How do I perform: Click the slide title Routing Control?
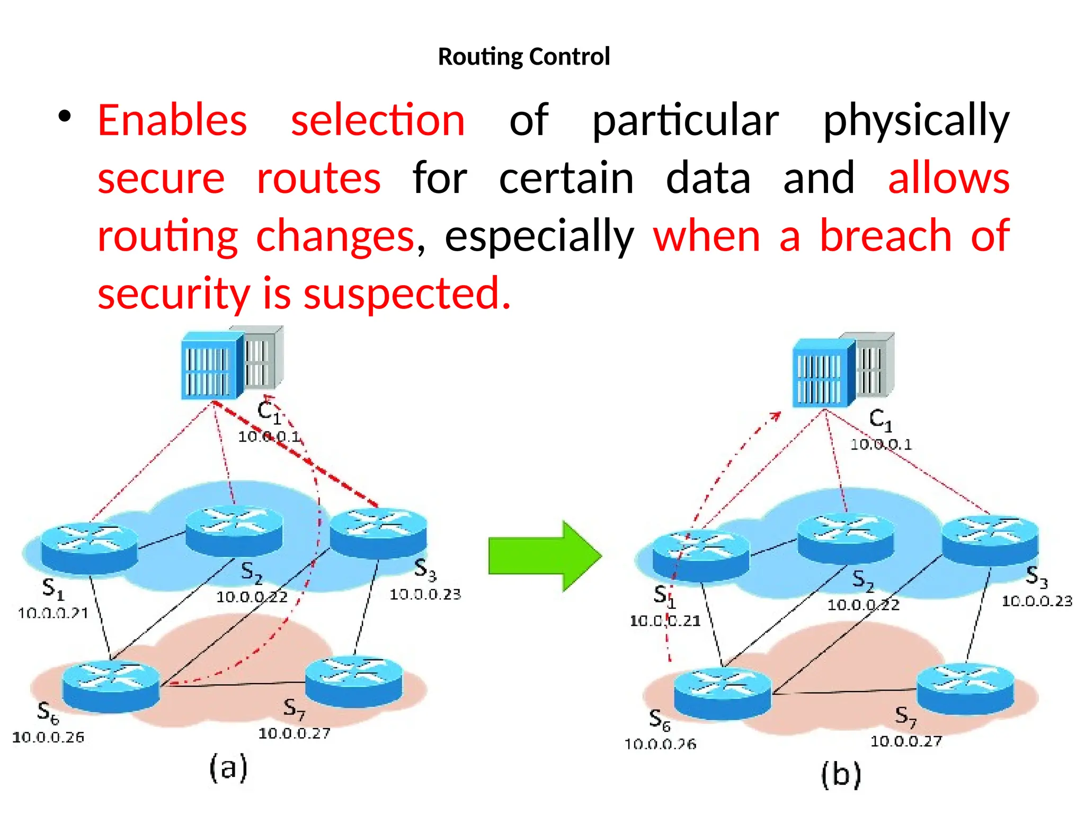coord(523,57)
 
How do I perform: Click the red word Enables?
coord(172,120)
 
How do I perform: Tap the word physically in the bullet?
coord(916,120)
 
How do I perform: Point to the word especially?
coord(539,236)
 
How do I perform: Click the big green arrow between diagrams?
coord(545,556)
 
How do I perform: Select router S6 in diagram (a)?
coord(111,686)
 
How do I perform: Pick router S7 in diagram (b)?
coord(965,689)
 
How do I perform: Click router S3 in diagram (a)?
coord(378,532)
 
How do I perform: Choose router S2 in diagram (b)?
coord(846,538)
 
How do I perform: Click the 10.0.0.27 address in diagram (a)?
coord(294,733)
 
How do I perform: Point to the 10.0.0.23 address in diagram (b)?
coord(1037,601)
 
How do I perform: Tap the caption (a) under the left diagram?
coord(228,768)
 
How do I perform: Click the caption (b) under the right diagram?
coord(841,775)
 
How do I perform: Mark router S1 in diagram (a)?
coord(89,548)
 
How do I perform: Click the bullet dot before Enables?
coord(65,117)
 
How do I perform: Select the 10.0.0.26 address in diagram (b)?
coord(660,745)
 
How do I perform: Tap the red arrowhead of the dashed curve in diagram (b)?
coord(776,415)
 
